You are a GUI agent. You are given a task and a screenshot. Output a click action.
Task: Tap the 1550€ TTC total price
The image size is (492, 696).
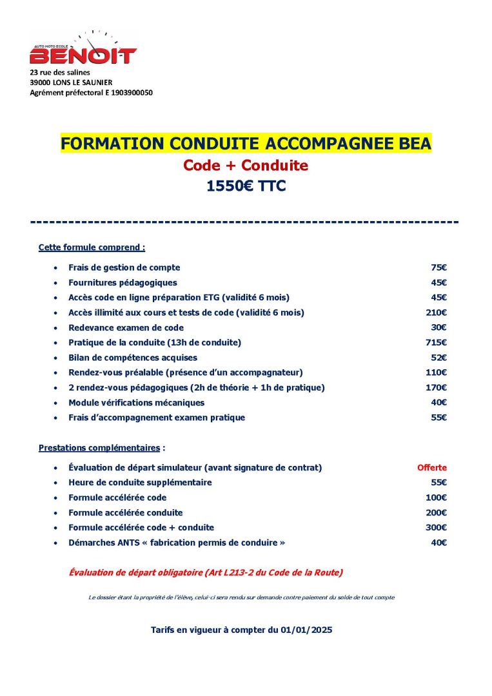tap(246, 186)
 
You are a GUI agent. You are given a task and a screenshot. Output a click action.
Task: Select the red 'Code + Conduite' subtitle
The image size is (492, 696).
tap(246, 166)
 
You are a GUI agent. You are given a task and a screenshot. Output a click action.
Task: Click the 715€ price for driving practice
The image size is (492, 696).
tap(438, 343)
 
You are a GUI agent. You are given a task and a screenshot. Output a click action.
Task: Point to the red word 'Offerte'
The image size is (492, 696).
tap(431, 468)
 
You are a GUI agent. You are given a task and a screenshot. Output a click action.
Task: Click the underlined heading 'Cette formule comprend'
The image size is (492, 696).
tap(92, 247)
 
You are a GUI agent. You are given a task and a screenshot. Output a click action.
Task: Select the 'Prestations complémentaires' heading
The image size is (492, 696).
tap(102, 447)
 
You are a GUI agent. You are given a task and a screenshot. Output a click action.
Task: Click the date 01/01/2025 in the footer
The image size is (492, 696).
tap(306, 630)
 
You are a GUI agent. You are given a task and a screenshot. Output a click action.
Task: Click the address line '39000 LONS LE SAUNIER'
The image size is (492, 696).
tap(71, 82)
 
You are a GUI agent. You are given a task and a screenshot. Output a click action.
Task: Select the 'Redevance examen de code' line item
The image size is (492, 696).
tap(126, 328)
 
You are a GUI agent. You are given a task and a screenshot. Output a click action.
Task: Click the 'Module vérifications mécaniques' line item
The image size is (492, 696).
tap(136, 403)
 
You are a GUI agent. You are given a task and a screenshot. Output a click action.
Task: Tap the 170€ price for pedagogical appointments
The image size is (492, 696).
tap(438, 388)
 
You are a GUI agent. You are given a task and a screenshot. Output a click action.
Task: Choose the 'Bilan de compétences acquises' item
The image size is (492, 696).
tap(133, 358)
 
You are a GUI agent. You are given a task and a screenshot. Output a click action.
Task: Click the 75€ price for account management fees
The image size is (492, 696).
tap(439, 267)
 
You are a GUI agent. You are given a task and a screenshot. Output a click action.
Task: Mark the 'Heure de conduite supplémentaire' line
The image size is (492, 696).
tap(140, 483)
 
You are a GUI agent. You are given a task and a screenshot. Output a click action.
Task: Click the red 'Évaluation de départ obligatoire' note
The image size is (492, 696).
tap(206, 572)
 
